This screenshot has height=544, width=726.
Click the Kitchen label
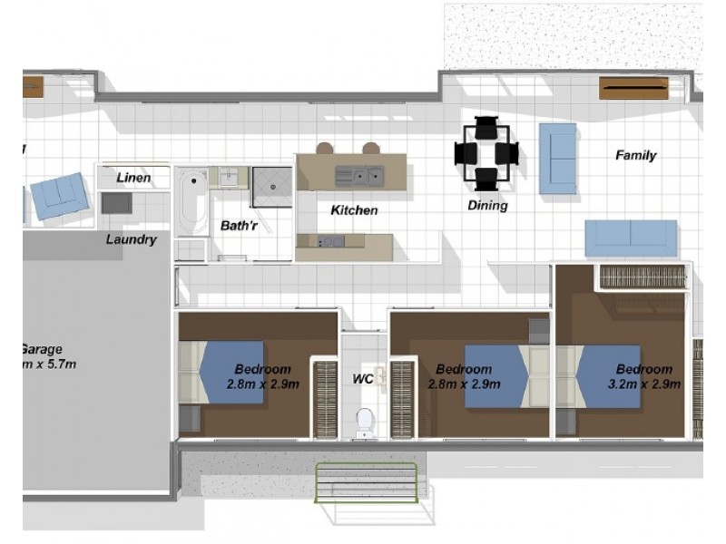354,210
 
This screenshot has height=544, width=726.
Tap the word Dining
487,206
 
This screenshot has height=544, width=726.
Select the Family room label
635,155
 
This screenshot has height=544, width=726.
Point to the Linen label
133,179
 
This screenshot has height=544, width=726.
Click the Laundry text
131,240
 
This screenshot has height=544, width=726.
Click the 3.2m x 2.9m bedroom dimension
644,384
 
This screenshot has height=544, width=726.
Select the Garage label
41,349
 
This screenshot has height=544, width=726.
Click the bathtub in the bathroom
191,200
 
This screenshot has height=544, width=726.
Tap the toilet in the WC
365,421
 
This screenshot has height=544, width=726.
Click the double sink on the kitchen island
359,175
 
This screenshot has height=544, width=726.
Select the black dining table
486,153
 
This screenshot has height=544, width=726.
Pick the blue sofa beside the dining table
557,159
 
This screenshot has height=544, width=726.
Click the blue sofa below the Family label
631,238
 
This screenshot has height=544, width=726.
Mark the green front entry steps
366,483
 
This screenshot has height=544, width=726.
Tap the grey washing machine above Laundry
116,203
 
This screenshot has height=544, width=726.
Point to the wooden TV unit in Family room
633,88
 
